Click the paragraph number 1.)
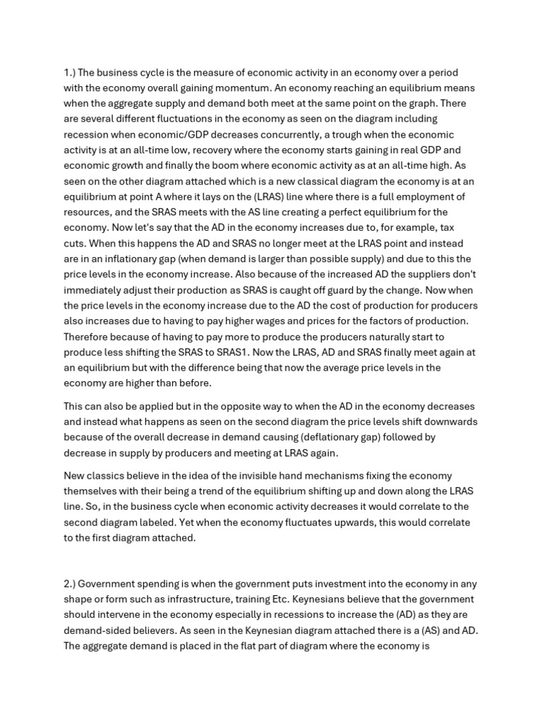[69, 72]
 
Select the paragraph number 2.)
[69, 583]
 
